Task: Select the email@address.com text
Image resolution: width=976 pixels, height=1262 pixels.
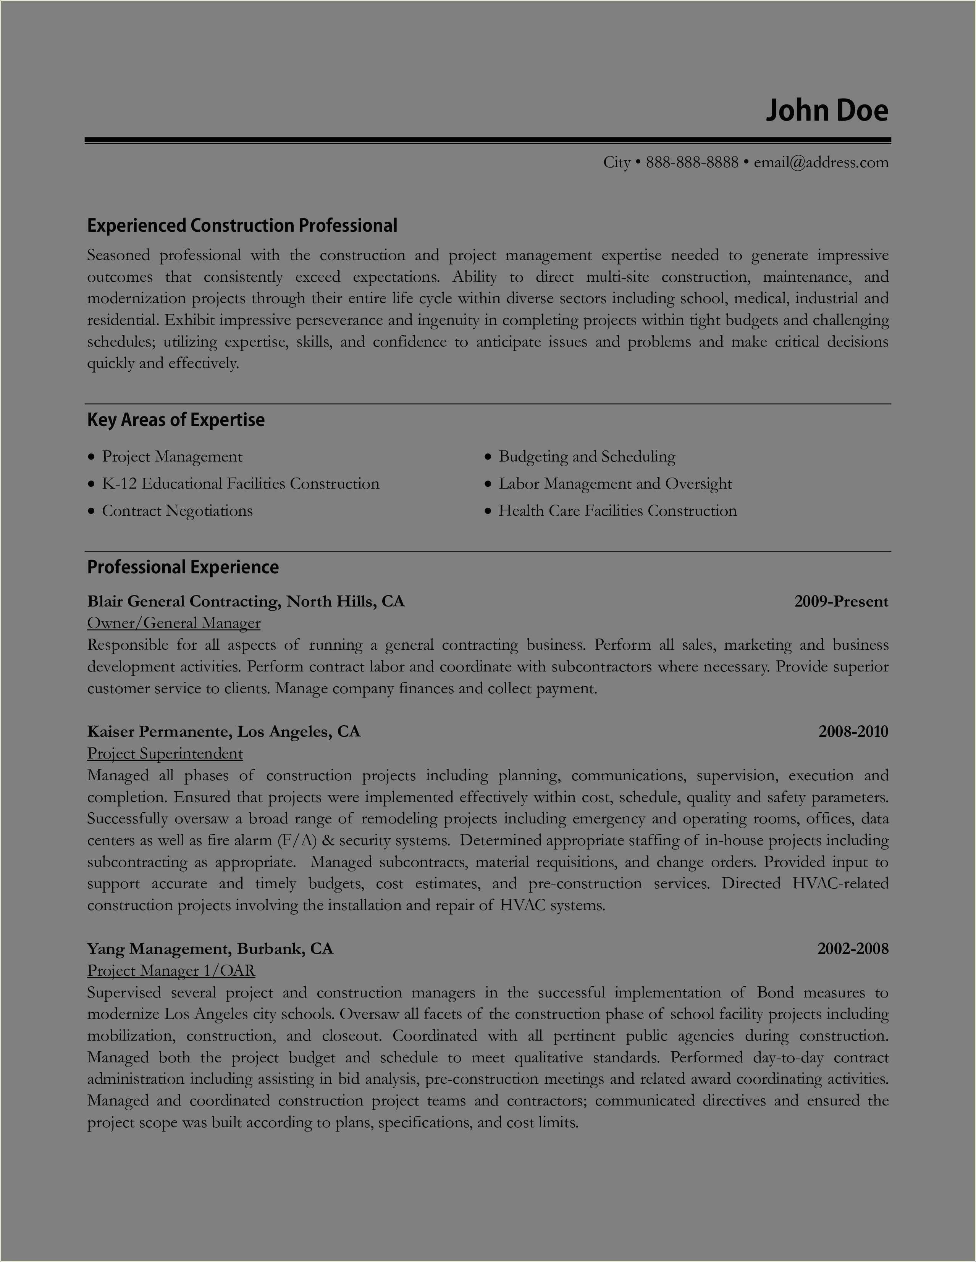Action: coord(821,162)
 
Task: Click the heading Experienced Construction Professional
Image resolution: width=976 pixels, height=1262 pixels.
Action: coord(242,225)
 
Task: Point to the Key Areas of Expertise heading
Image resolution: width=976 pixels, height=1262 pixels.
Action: coord(176,420)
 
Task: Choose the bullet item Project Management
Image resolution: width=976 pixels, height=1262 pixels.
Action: coord(172,457)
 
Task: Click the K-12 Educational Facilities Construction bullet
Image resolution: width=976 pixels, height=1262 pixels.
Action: coord(241,484)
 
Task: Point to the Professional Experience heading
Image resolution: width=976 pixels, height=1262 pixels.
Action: coord(183,567)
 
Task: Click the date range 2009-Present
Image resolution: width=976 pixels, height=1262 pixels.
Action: coord(841,602)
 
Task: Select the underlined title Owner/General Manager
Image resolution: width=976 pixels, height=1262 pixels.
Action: coord(173,623)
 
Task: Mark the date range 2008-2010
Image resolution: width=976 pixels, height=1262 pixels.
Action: coord(853,731)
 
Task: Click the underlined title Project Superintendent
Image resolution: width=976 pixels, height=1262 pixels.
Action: coord(165,754)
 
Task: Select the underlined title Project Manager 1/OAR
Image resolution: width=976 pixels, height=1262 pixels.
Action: coord(171,971)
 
